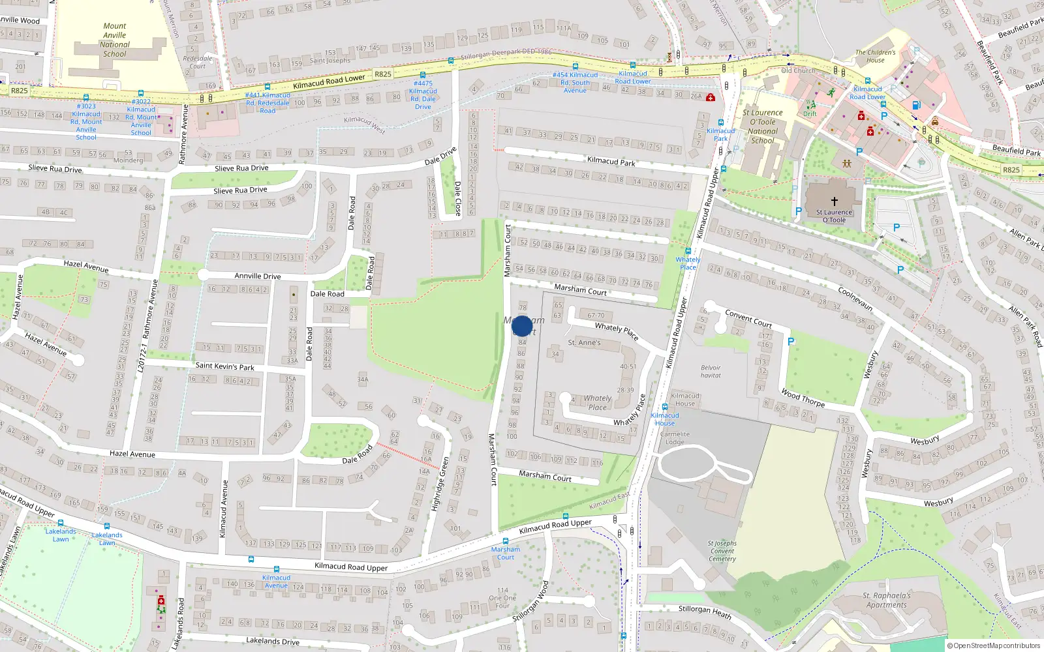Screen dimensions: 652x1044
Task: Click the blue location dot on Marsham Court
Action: click(x=522, y=326)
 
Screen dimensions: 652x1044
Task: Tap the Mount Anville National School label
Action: click(x=115, y=40)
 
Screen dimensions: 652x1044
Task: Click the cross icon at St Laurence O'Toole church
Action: click(x=834, y=201)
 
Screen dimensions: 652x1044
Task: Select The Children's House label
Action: click(x=876, y=56)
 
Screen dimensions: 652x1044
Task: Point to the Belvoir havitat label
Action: click(x=711, y=372)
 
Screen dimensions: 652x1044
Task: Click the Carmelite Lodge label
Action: click(x=675, y=438)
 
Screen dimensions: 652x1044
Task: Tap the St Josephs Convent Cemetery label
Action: click(x=722, y=551)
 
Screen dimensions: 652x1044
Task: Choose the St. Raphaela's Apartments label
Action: click(x=886, y=600)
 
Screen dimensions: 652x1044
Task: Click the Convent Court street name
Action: click(x=748, y=319)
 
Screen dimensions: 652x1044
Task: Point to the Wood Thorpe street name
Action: click(x=803, y=398)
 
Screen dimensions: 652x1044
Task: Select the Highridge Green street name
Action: click(x=440, y=483)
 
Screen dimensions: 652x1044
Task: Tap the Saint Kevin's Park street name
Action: click(x=224, y=366)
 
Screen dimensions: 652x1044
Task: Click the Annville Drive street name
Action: click(x=258, y=276)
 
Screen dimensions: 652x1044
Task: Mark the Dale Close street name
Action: click(x=457, y=198)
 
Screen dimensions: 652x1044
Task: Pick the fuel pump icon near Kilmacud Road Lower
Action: click(x=916, y=105)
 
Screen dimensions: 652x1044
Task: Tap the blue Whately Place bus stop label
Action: click(x=688, y=263)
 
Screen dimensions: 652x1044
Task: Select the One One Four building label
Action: click(x=502, y=598)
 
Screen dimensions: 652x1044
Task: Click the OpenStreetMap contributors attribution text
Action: click(x=994, y=645)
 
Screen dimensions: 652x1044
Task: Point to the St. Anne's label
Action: click(x=584, y=342)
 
